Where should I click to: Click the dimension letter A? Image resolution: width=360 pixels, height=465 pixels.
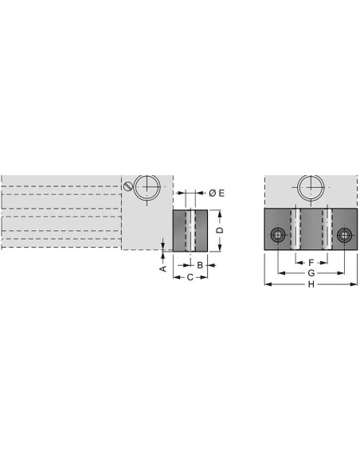coord(162,268)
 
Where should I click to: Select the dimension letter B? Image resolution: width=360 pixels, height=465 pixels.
coord(200,265)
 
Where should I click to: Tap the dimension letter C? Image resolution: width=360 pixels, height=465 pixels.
coord(190,277)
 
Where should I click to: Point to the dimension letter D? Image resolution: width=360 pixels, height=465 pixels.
coord(220,230)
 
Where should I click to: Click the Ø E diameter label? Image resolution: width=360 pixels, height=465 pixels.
coord(217,193)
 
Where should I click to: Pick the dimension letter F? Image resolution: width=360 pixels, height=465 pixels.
coord(311,263)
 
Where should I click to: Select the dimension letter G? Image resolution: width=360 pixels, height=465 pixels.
coord(311,273)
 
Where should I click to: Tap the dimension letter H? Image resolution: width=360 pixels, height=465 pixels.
coord(311,284)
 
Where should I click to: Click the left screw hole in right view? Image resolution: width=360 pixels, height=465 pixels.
coord(277,235)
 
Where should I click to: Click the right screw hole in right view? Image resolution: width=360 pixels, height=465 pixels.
coord(344,235)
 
